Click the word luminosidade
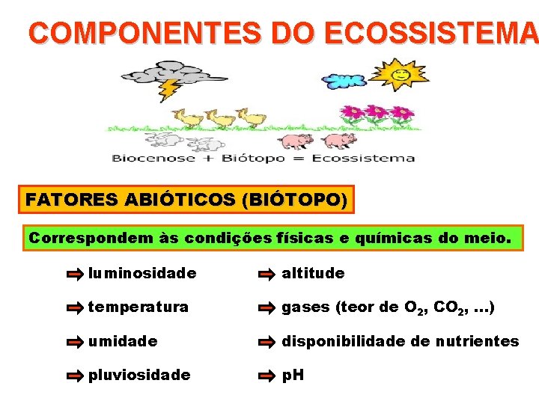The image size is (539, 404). [x=142, y=273]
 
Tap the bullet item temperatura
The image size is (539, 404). [x=138, y=307]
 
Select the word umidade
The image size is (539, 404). [x=123, y=341]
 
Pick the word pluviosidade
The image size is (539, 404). [x=139, y=375]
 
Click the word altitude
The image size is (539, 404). [x=313, y=273]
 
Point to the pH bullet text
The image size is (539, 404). [x=293, y=375]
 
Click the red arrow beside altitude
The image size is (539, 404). [x=267, y=275]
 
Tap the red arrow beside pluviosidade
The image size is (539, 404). [x=75, y=376]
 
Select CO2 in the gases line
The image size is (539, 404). [x=448, y=307]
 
